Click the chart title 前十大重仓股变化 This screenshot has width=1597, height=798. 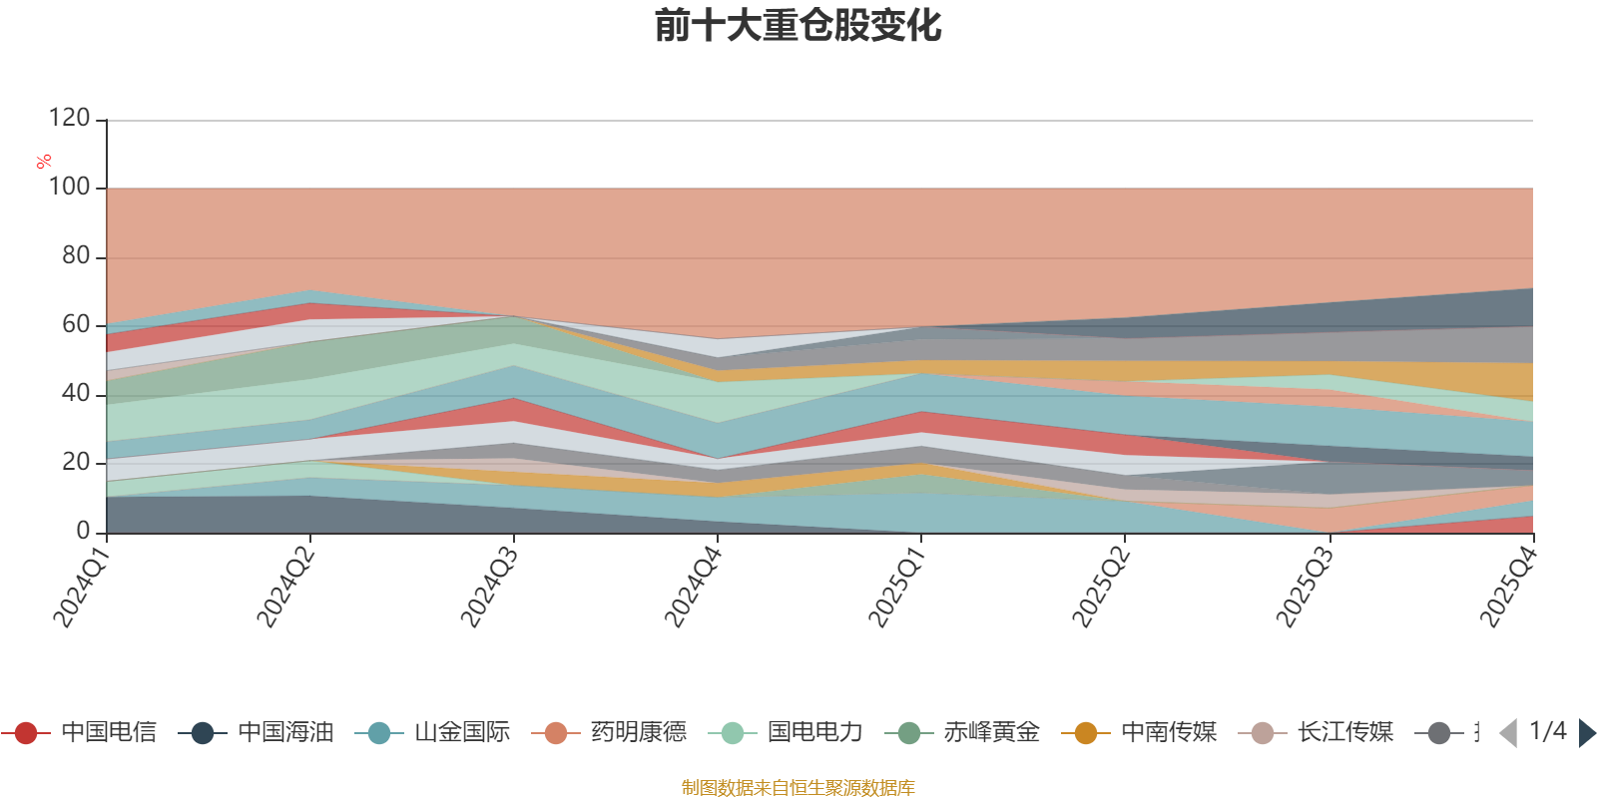coord(798,26)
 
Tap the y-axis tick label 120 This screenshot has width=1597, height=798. coord(69,118)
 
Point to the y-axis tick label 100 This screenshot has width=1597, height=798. coord(69,187)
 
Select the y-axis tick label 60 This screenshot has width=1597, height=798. coord(76,324)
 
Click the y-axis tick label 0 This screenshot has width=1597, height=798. coord(83,531)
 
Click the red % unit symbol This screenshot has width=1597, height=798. coord(44,161)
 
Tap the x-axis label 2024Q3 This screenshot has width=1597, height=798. coord(487,587)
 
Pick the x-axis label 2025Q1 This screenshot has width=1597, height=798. coord(895,587)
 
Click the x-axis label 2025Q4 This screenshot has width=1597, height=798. coord(1506,587)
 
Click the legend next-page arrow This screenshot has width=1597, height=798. coord(1586,733)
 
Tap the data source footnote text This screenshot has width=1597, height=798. coord(798,788)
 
